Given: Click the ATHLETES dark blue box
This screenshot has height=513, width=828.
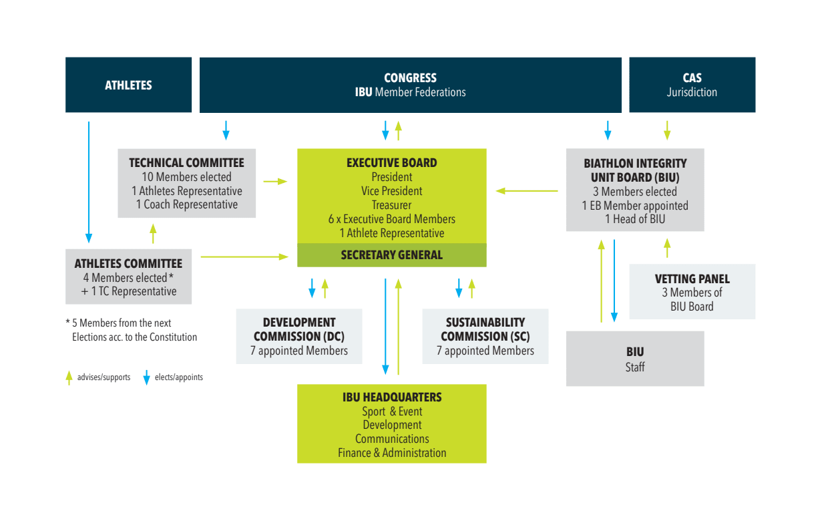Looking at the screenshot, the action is click(129, 85).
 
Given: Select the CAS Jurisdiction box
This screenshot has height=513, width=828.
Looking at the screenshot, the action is click(692, 85).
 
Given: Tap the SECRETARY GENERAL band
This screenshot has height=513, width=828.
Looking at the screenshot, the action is click(392, 255).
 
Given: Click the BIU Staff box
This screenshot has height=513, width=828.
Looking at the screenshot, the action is click(635, 359).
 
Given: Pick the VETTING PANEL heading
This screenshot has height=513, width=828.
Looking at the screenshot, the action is click(692, 279).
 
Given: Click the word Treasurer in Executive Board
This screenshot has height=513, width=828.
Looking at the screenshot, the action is click(391, 205).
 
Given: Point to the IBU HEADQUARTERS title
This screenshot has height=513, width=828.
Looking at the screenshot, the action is click(392, 397).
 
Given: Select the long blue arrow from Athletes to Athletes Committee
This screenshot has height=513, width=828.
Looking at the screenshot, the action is click(89, 182).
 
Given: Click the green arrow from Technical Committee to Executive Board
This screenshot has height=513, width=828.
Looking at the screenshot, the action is click(275, 181).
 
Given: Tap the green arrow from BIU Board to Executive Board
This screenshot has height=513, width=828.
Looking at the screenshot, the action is click(527, 191).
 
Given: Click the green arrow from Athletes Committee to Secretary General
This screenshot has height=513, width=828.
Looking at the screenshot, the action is click(244, 256).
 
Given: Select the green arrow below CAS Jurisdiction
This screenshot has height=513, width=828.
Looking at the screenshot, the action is click(667, 130).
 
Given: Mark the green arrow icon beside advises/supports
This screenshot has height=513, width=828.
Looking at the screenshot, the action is click(69, 377).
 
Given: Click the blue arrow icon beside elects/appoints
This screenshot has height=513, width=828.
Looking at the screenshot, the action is click(146, 377).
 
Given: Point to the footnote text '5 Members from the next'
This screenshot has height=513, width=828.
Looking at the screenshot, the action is click(122, 323).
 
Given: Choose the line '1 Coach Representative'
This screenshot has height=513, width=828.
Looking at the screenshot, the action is click(187, 204).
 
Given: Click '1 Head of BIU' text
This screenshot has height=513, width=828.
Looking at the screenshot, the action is click(635, 219).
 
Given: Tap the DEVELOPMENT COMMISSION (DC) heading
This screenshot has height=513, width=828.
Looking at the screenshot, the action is click(299, 329).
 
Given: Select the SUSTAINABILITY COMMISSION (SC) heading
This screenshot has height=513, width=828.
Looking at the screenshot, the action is click(485, 329).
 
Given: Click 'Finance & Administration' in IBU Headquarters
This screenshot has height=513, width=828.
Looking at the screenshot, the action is click(392, 453).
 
